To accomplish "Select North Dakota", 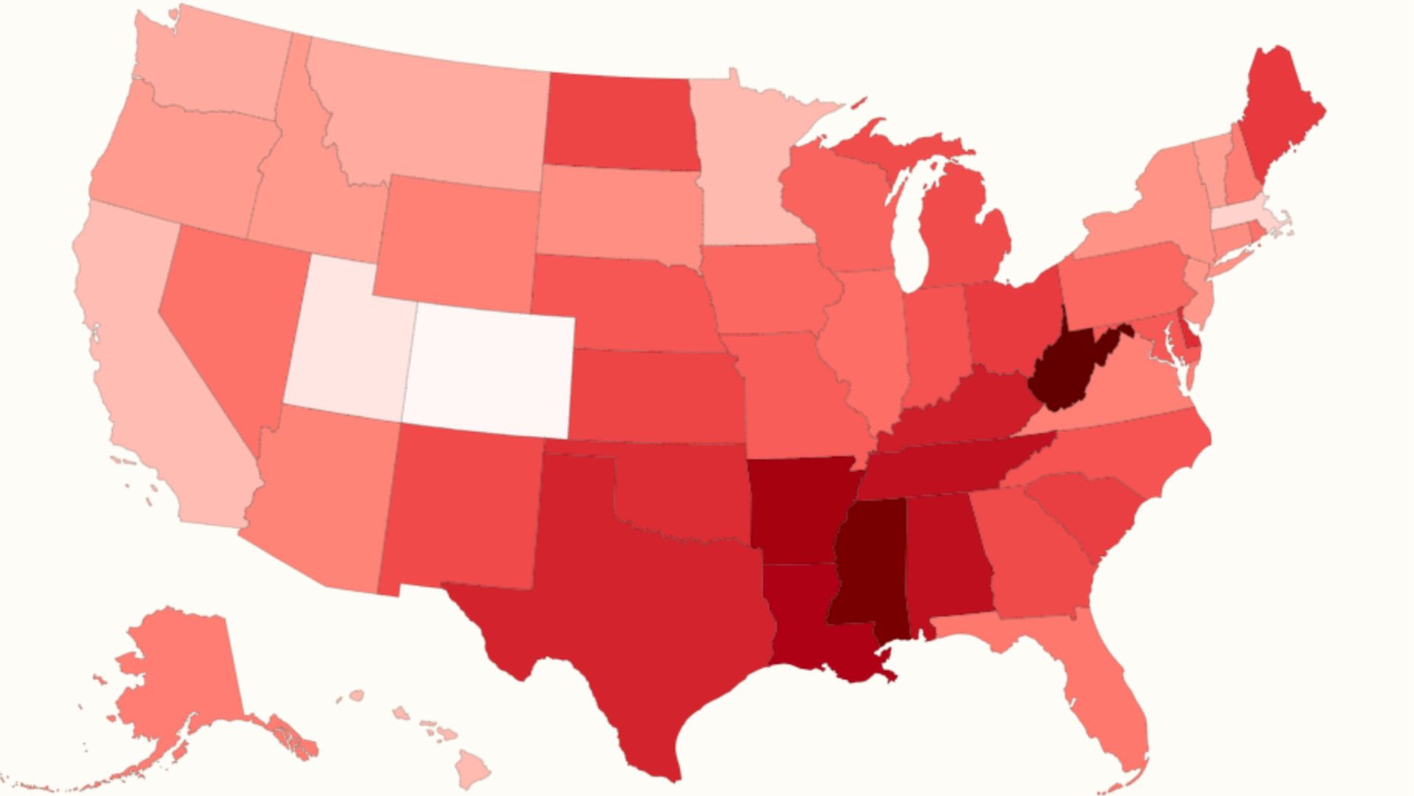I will [619, 122].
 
